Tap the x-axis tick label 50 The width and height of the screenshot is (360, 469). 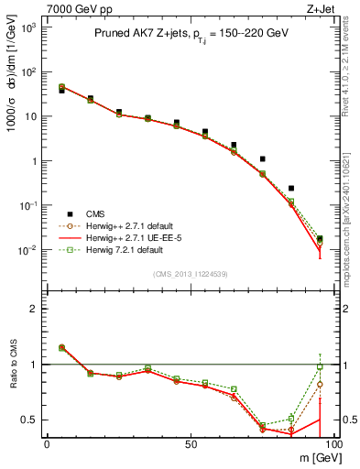pyautogui.click(x=191, y=443)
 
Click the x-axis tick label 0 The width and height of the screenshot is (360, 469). pyautogui.click(x=47, y=443)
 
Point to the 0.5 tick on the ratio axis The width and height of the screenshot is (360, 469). pyautogui.click(x=33, y=420)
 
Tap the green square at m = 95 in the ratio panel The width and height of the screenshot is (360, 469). pyautogui.click(x=320, y=367)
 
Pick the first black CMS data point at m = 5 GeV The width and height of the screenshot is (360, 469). pyautogui.click(x=61, y=91)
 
